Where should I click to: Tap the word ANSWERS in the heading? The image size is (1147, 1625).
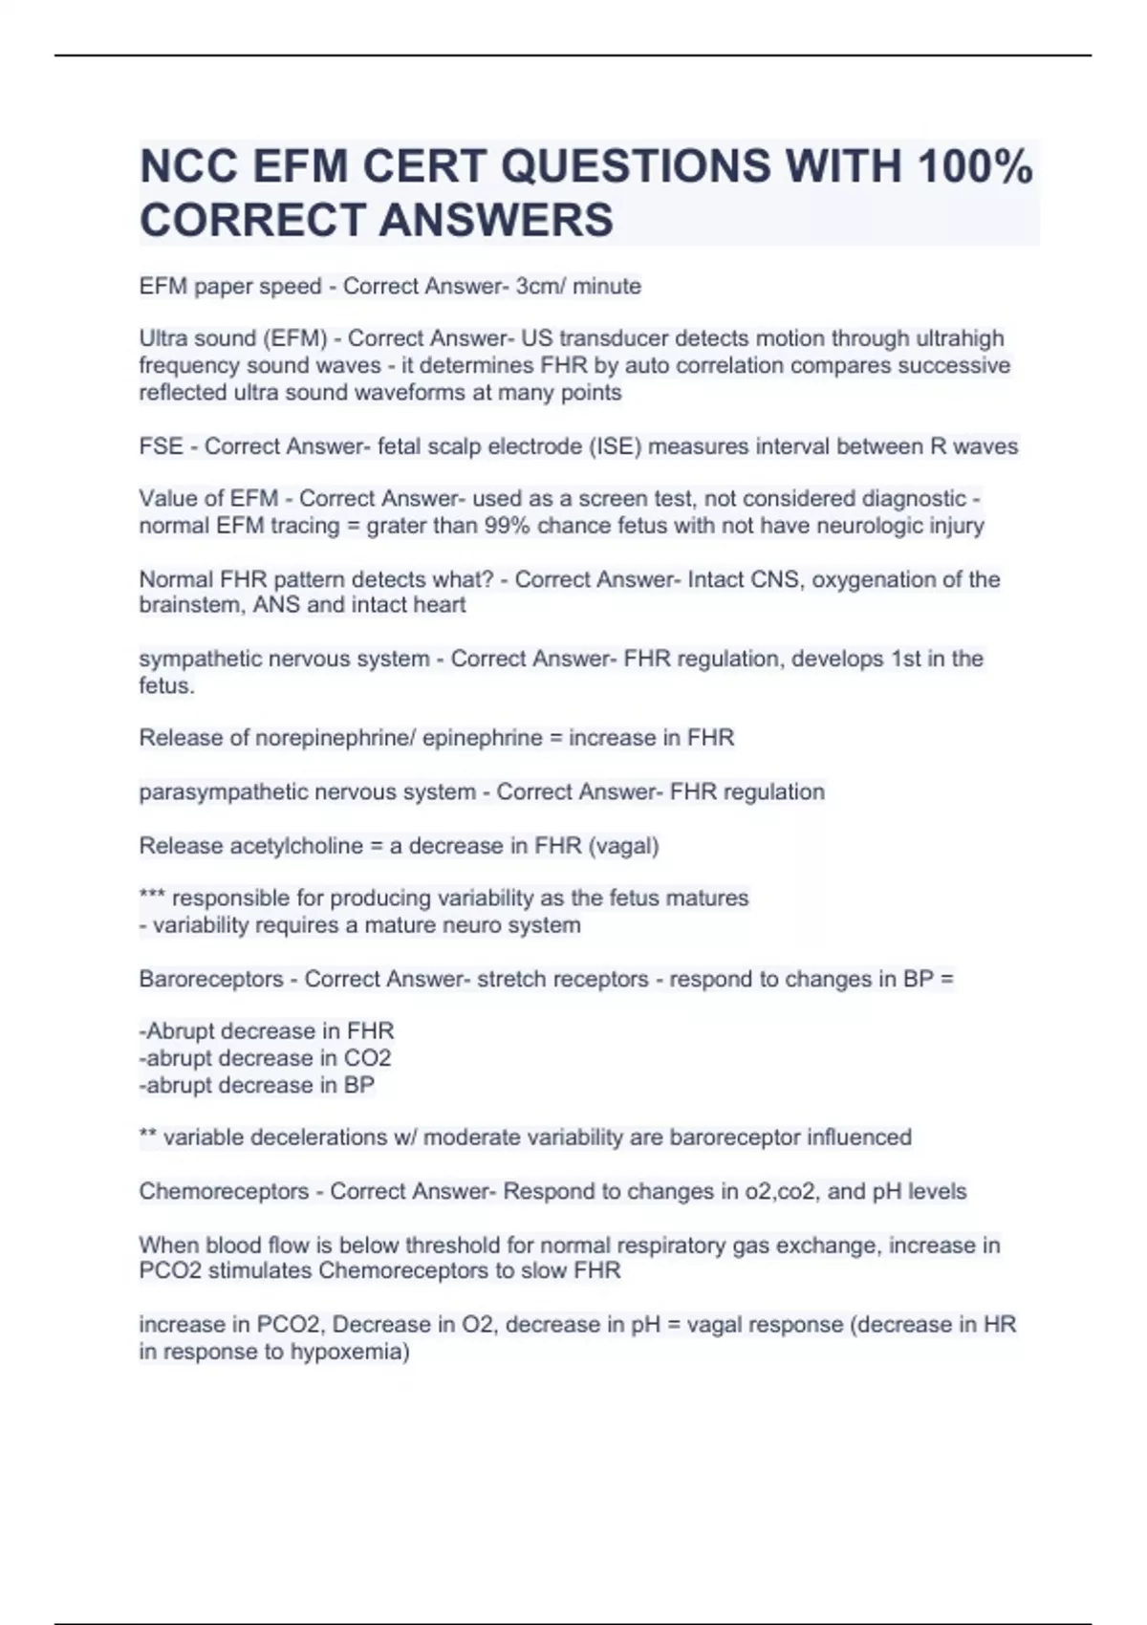[496, 220]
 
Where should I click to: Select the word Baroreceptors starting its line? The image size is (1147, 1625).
[211, 979]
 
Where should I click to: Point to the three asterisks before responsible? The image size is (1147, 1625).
[153, 898]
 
